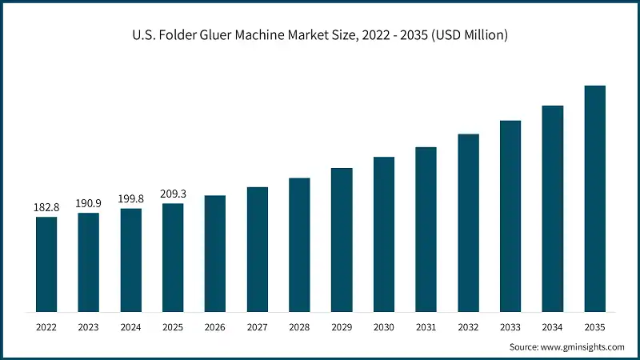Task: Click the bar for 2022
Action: pyautogui.click(x=46, y=264)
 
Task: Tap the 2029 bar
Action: pyautogui.click(x=342, y=239)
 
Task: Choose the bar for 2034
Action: pyautogui.click(x=553, y=208)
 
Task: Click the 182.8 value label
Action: pyautogui.click(x=46, y=208)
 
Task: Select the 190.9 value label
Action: pyautogui.click(x=89, y=204)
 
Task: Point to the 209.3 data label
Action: pyautogui.click(x=173, y=194)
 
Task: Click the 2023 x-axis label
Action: pyautogui.click(x=89, y=326)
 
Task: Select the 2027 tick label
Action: pyautogui.click(x=258, y=326)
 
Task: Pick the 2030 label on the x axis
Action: pyautogui.click(x=384, y=326)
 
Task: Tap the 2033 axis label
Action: pyautogui.click(x=510, y=326)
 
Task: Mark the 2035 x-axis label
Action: pyautogui.click(x=595, y=326)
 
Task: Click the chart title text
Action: pyautogui.click(x=320, y=35)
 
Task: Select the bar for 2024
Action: pyautogui.click(x=131, y=260)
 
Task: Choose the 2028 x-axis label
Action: pyautogui.click(x=299, y=326)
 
